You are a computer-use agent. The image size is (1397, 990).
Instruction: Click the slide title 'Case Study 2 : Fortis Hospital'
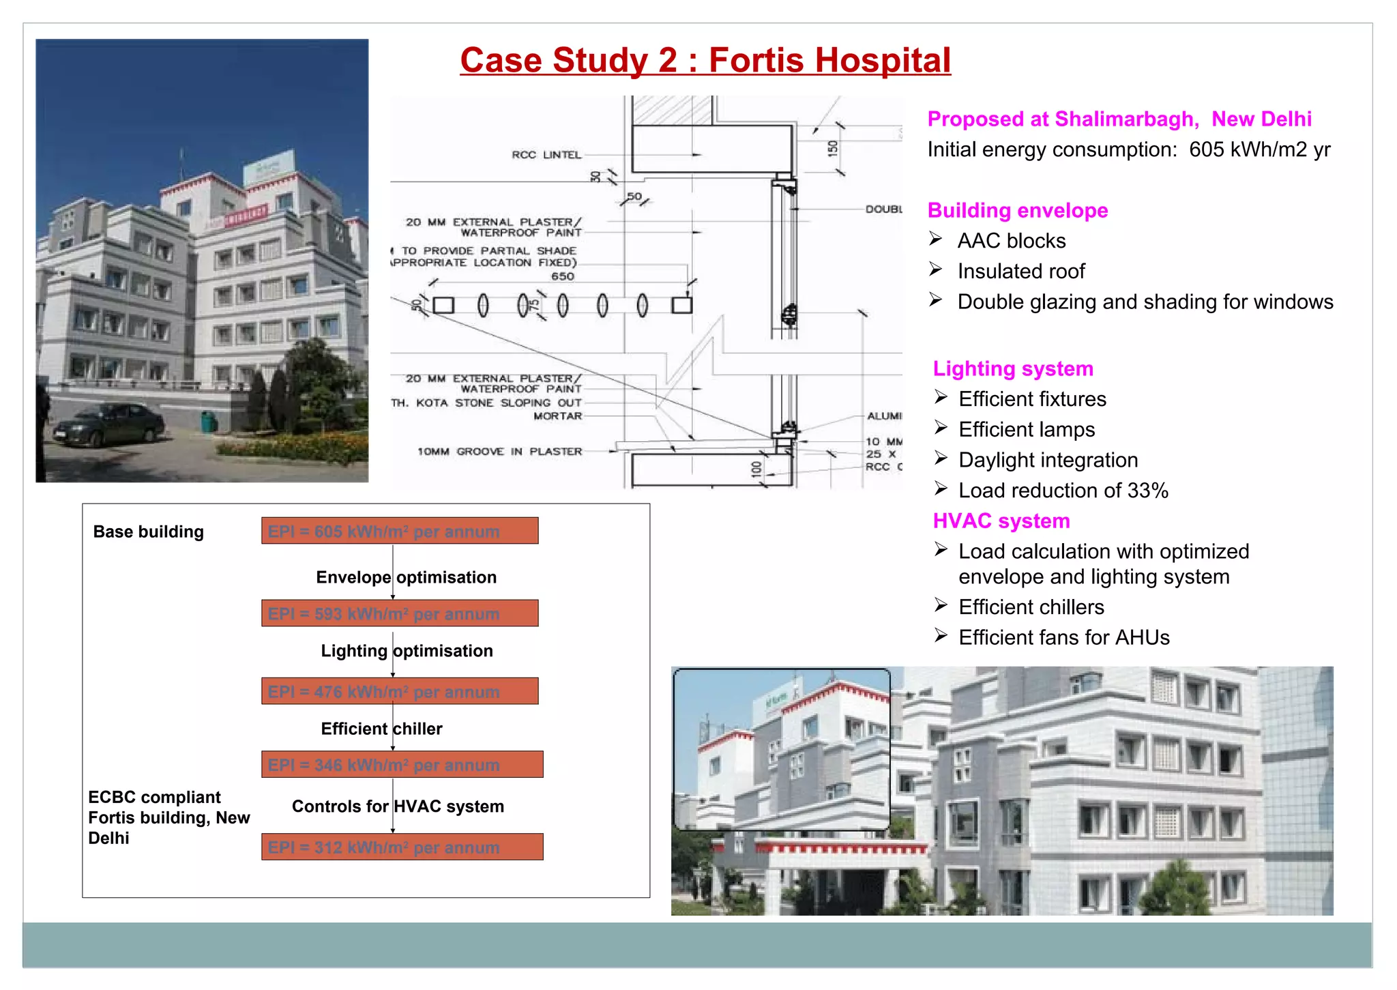[x=705, y=61]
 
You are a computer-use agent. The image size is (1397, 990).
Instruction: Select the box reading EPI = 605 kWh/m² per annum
[x=400, y=531]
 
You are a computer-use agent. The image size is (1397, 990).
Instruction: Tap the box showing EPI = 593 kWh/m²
[x=400, y=613]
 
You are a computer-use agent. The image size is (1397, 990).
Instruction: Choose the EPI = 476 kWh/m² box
[x=400, y=691]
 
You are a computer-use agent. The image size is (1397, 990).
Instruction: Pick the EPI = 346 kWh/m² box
[x=402, y=765]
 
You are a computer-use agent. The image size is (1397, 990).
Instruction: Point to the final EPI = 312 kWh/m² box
[x=402, y=847]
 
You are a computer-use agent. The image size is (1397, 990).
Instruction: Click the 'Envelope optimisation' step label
[x=406, y=577]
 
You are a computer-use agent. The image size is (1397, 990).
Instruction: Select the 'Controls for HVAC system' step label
[x=398, y=806]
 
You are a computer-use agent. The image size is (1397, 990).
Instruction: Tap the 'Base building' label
[x=148, y=532]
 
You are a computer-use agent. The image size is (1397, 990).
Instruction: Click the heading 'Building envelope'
[x=1017, y=210]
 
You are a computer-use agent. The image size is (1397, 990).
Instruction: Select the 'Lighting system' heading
[x=1012, y=368]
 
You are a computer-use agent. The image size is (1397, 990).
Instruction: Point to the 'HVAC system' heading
[x=1001, y=521]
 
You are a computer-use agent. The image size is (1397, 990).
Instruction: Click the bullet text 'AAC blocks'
[x=1011, y=241]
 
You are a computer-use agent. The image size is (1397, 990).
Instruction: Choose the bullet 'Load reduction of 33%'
[x=1063, y=491]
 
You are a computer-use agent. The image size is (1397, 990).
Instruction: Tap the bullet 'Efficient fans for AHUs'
[x=1063, y=637]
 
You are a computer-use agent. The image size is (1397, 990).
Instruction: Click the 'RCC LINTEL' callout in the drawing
[x=546, y=155]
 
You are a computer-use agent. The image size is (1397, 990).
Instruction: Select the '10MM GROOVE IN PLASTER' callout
[x=499, y=452]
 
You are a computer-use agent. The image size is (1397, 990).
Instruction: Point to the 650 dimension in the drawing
[x=563, y=276]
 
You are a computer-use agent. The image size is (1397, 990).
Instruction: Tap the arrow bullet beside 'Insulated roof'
[x=936, y=270]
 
